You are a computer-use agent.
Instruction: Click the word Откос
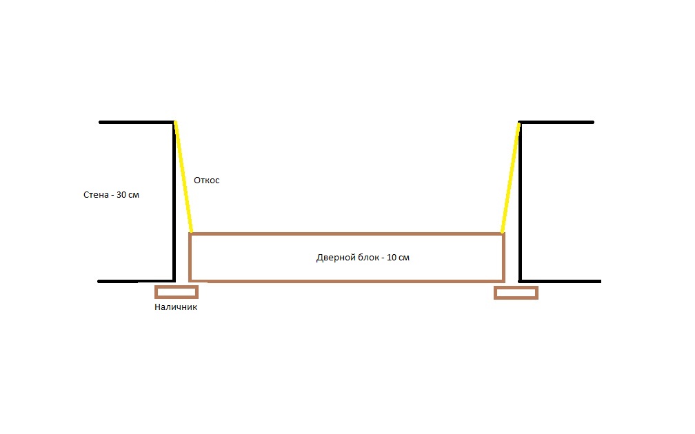[x=207, y=180]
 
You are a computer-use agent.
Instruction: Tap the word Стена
[x=96, y=195]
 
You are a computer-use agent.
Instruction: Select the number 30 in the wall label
[x=121, y=195]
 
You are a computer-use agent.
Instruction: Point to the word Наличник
[x=176, y=307]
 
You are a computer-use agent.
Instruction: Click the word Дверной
[x=332, y=258]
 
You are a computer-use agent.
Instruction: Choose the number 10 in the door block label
[x=392, y=258]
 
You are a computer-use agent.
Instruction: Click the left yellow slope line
[x=183, y=176]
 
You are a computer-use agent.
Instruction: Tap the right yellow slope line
[x=510, y=177]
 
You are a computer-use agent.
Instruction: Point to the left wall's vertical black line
[x=174, y=201]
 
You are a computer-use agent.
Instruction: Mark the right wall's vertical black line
[x=520, y=201]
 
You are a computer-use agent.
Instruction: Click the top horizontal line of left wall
[x=137, y=122]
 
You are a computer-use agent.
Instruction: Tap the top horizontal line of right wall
[x=556, y=122]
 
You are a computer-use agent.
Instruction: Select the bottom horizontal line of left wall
[x=136, y=281]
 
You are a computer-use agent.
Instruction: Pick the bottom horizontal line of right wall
[x=560, y=281]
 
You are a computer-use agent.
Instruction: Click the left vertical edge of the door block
[x=190, y=258]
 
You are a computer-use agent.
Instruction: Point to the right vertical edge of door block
[x=503, y=258]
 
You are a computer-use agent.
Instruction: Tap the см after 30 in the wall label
[x=134, y=196]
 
